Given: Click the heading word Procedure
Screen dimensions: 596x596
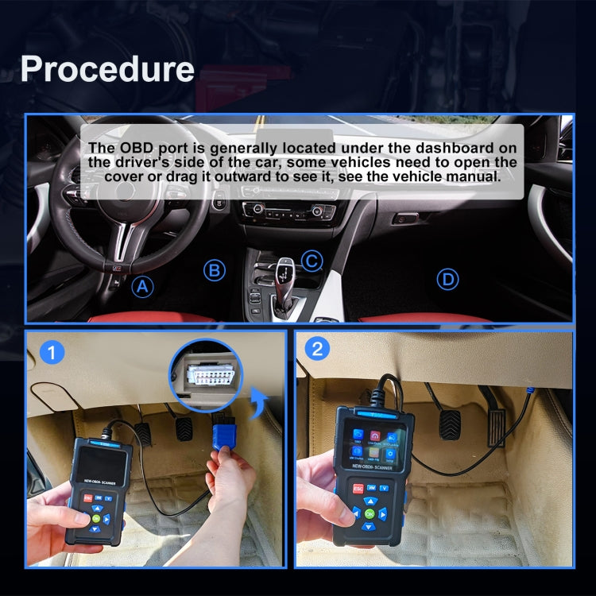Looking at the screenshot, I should click(x=107, y=68).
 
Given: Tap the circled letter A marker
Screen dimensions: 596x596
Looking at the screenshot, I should click(x=142, y=287).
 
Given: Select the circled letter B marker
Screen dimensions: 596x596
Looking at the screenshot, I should click(x=214, y=270).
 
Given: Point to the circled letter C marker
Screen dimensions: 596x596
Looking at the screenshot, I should click(x=312, y=260).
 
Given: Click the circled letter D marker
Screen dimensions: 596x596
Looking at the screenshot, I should click(x=449, y=279).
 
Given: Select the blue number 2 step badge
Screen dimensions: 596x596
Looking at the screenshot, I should click(x=317, y=348).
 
